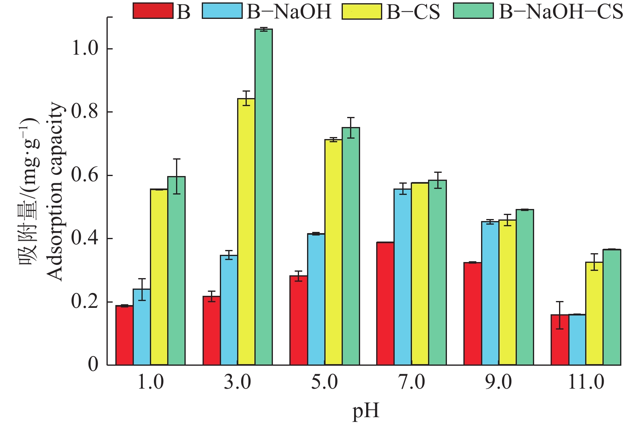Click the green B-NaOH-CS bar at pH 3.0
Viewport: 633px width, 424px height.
(x=264, y=197)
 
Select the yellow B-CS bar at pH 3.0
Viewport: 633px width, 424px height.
(x=246, y=231)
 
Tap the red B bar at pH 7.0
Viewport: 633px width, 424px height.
(x=385, y=303)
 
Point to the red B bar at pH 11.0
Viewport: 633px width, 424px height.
(x=559, y=340)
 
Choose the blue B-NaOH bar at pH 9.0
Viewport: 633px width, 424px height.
(x=490, y=293)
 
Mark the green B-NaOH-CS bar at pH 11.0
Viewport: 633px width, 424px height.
(x=612, y=307)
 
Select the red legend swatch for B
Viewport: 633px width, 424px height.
(x=153, y=11)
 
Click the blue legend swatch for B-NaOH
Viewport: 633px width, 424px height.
(x=223, y=11)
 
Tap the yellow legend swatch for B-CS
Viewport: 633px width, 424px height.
(x=362, y=11)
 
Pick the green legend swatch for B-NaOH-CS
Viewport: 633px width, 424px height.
(x=473, y=11)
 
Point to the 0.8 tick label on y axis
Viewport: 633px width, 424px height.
(x=84, y=112)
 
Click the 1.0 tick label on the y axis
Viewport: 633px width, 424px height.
(x=84, y=49)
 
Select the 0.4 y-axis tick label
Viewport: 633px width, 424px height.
(x=84, y=238)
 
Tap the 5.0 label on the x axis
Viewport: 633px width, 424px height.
(x=324, y=382)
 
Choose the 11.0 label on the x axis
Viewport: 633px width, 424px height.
(x=586, y=382)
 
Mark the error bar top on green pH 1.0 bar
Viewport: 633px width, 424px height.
(x=176, y=159)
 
